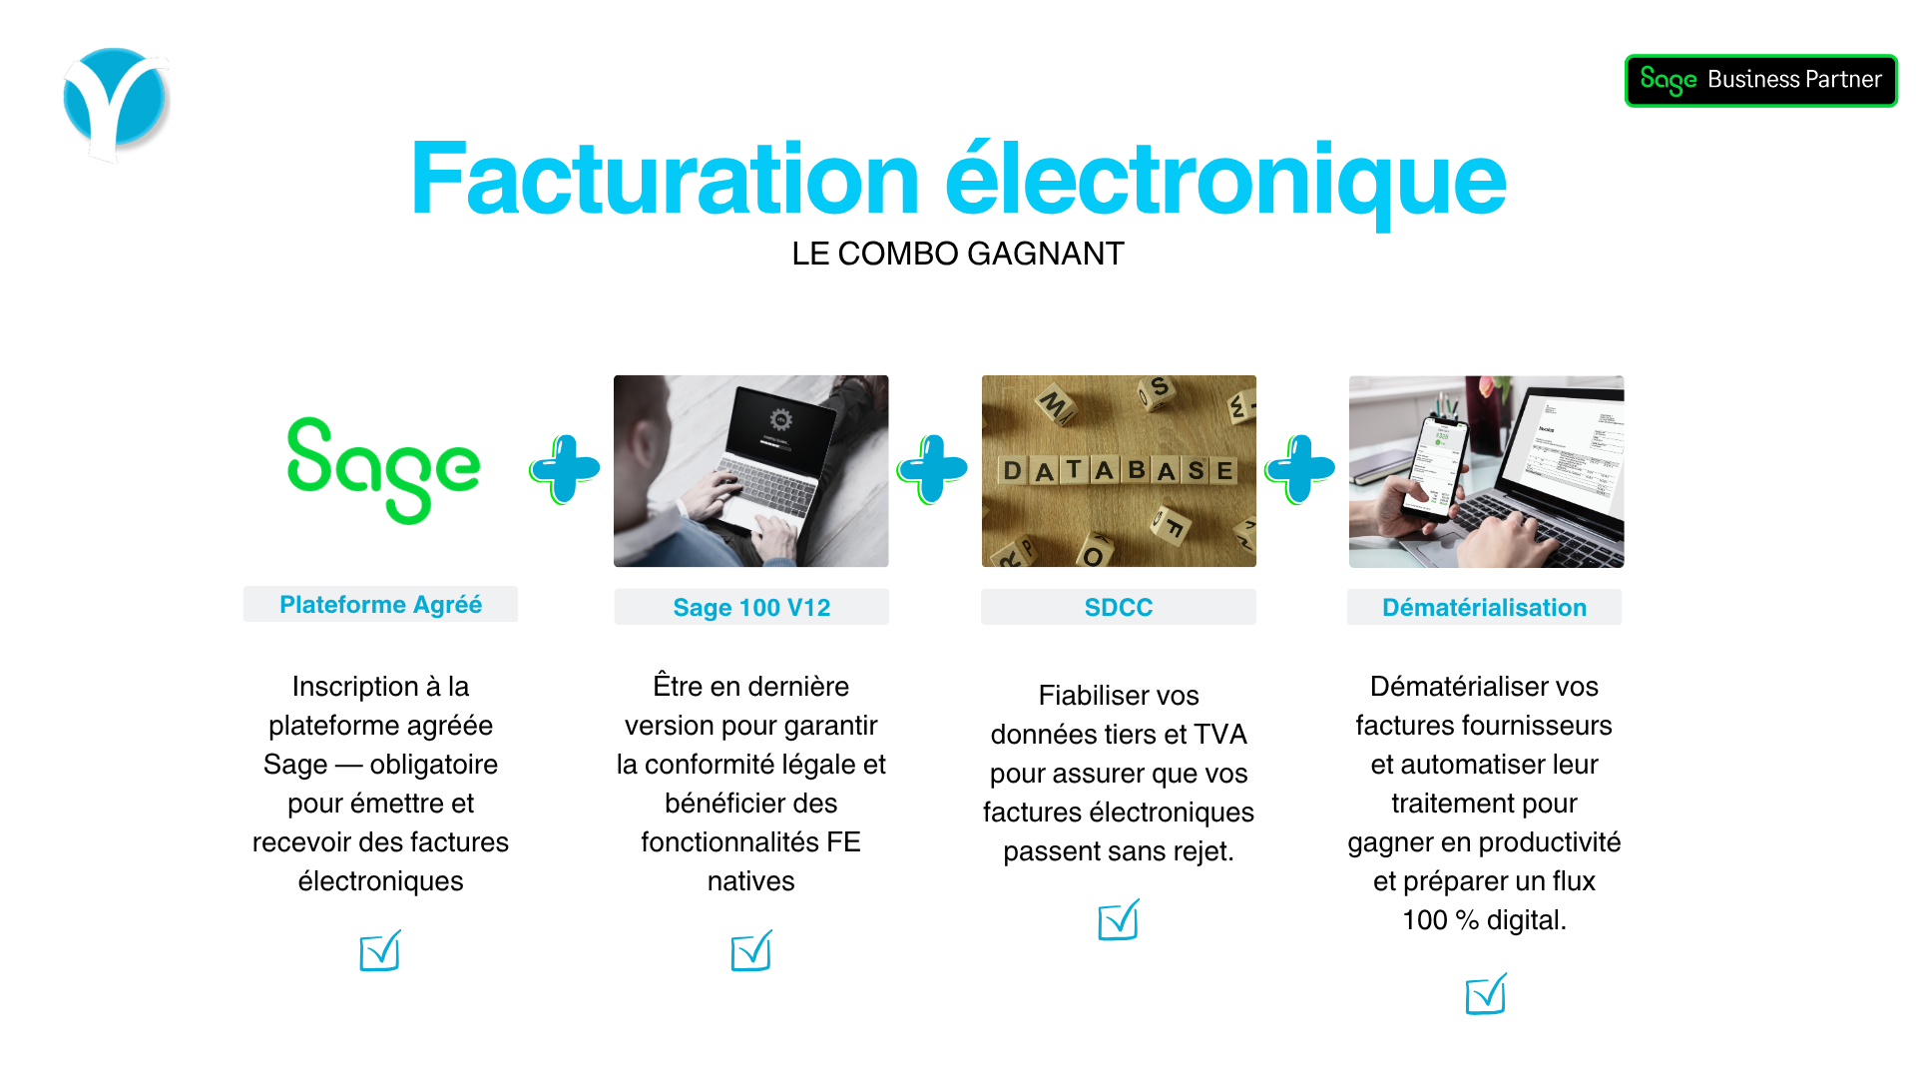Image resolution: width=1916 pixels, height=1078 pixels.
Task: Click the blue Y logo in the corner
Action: point(116,103)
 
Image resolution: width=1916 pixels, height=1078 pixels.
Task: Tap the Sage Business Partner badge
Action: point(1760,80)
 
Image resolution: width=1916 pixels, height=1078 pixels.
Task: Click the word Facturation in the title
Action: point(664,180)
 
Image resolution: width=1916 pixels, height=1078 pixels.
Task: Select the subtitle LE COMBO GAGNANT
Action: point(957,254)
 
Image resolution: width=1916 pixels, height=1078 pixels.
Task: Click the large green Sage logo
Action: point(383,469)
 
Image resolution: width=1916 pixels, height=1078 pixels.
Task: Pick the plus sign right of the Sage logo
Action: point(565,468)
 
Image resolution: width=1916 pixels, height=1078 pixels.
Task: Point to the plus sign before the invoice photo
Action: point(1300,468)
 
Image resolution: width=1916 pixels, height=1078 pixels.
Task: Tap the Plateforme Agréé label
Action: point(380,605)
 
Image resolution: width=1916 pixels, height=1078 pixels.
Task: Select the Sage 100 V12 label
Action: point(751,607)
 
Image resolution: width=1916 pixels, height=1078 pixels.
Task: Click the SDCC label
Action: point(1118,607)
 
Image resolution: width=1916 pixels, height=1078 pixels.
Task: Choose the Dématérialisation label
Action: point(1484,607)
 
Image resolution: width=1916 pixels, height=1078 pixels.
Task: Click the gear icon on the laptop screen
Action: point(780,419)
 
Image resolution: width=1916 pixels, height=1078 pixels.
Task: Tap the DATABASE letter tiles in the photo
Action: point(1118,470)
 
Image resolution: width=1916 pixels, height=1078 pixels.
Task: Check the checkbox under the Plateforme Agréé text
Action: point(380,951)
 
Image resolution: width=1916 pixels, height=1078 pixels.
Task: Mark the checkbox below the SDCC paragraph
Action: point(1118,920)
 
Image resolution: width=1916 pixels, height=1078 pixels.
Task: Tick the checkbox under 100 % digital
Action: point(1485,994)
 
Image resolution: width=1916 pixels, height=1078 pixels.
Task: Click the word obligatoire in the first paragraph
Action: point(433,765)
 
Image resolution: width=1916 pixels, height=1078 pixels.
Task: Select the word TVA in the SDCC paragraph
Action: point(1219,735)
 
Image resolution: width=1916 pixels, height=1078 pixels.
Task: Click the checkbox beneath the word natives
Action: point(751,951)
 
